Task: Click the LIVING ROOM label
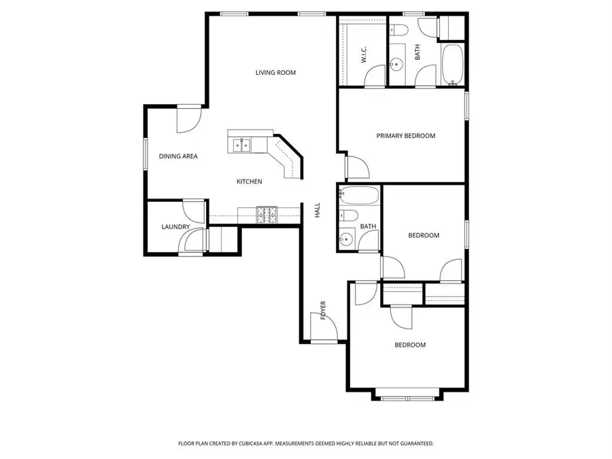click(275, 73)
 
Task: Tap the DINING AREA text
click(178, 156)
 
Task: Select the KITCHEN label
click(249, 182)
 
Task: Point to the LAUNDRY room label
click(175, 227)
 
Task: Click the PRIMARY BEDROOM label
click(405, 136)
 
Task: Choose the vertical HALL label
click(318, 211)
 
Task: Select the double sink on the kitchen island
click(241, 144)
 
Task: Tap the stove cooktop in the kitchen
click(267, 215)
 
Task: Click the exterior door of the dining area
click(187, 120)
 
